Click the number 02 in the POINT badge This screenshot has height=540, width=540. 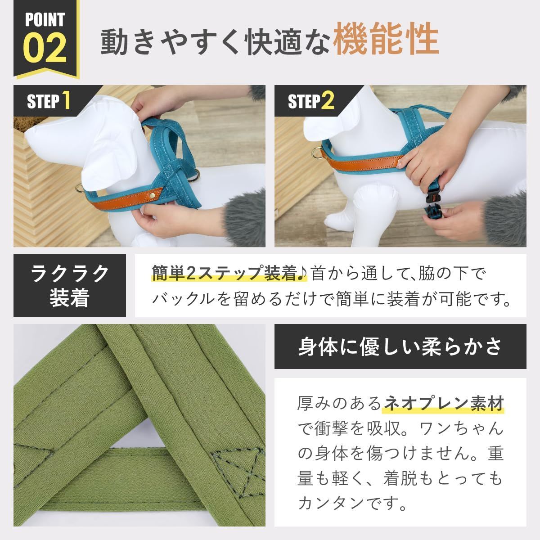click(x=45, y=48)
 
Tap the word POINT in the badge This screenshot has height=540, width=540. click(x=45, y=20)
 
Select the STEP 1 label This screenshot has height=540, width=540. click(x=48, y=101)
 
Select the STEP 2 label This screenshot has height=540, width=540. click(x=311, y=101)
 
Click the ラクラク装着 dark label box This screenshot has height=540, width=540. click(x=69, y=285)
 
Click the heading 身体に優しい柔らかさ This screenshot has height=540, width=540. click(x=400, y=346)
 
